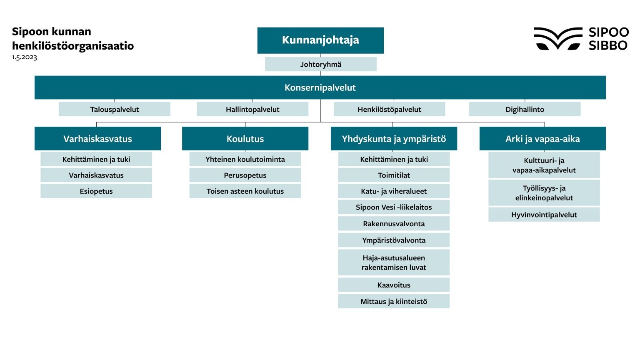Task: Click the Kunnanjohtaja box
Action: (x=320, y=40)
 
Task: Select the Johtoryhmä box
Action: (x=320, y=64)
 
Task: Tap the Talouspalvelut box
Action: (x=115, y=109)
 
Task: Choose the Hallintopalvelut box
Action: (x=252, y=109)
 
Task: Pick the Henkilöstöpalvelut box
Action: (x=389, y=109)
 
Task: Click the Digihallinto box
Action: (x=525, y=109)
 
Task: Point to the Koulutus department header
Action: (x=245, y=139)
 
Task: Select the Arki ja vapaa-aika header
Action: (x=542, y=139)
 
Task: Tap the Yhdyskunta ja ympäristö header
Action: (x=394, y=139)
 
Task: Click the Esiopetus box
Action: (x=96, y=191)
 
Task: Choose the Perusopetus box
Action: (x=245, y=175)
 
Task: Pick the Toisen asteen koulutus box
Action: (x=245, y=191)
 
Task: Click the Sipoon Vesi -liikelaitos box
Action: (x=394, y=207)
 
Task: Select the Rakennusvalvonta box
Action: (x=394, y=224)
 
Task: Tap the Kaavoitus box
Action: (x=394, y=285)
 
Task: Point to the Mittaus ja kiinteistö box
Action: (x=394, y=302)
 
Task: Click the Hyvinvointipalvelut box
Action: (x=544, y=215)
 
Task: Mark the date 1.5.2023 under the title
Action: (x=25, y=57)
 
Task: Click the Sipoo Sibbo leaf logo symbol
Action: (x=557, y=38)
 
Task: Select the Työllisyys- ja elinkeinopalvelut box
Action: (x=544, y=193)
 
